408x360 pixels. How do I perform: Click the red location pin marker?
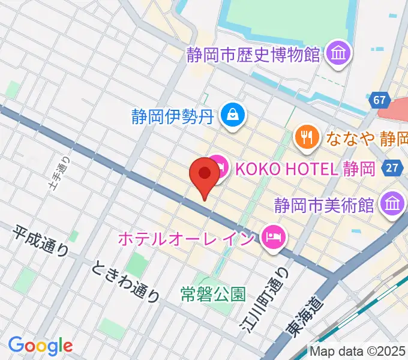pos(204,176)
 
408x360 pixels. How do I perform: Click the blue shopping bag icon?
pos(231,114)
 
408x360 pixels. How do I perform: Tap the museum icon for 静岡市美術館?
pos(393,204)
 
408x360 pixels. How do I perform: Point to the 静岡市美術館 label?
pos(324,205)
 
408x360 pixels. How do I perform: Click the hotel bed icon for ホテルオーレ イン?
pos(273,235)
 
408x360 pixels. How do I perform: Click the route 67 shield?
pos(379,100)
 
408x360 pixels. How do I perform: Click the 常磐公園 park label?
pos(213,294)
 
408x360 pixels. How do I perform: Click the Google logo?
pos(40,345)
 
